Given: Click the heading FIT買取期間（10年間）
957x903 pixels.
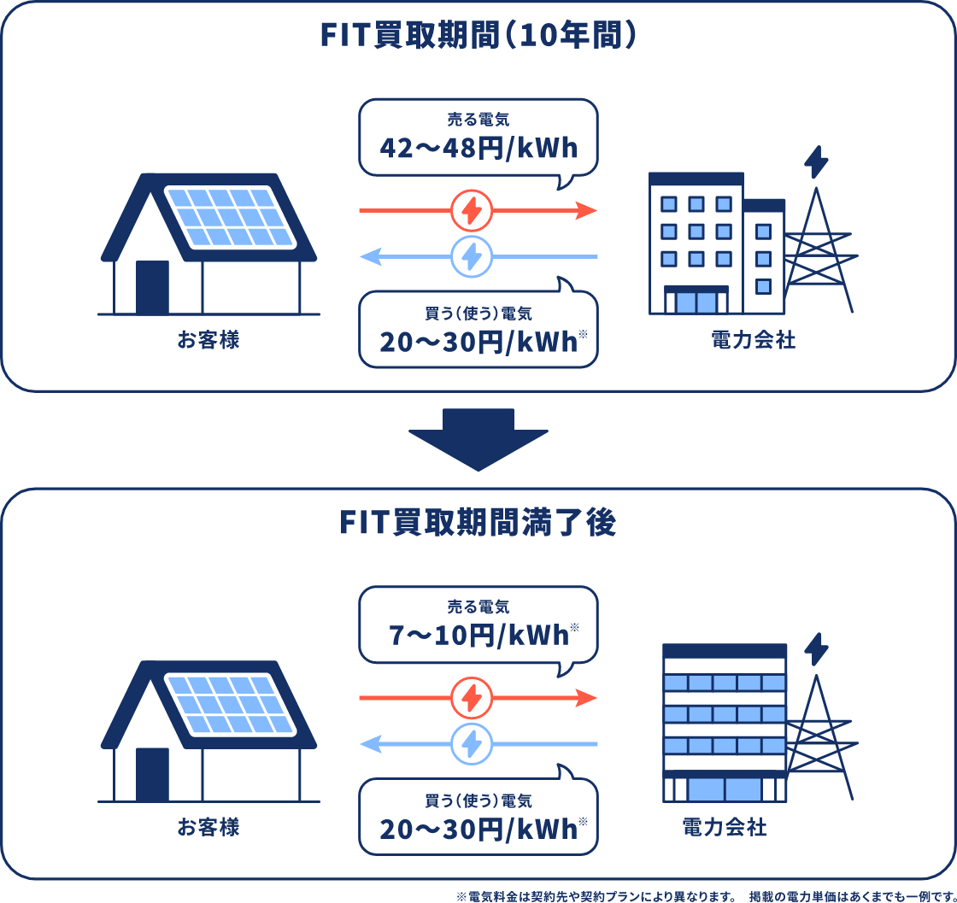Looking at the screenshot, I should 478,36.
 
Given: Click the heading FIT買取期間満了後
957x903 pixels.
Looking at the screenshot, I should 478,523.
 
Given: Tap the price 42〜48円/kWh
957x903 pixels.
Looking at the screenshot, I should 478,149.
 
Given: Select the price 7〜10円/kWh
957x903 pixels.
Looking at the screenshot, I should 478,636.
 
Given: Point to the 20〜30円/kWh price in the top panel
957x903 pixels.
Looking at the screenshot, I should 478,343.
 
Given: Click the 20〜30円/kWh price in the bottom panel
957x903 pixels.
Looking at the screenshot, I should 478,829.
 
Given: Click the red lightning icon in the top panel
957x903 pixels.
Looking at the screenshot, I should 472,210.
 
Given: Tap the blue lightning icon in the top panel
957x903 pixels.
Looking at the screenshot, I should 472,256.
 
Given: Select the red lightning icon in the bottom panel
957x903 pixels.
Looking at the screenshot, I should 472,698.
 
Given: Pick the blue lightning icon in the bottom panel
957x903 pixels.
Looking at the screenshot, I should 472,744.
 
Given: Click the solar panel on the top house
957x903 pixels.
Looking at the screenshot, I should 231,217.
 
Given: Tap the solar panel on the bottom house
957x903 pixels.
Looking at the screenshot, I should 231,705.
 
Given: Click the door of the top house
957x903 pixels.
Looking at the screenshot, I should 152,287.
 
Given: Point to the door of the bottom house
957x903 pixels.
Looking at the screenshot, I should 152,774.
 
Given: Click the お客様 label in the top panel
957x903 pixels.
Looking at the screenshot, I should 208,342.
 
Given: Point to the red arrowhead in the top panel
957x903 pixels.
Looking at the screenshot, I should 586,210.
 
